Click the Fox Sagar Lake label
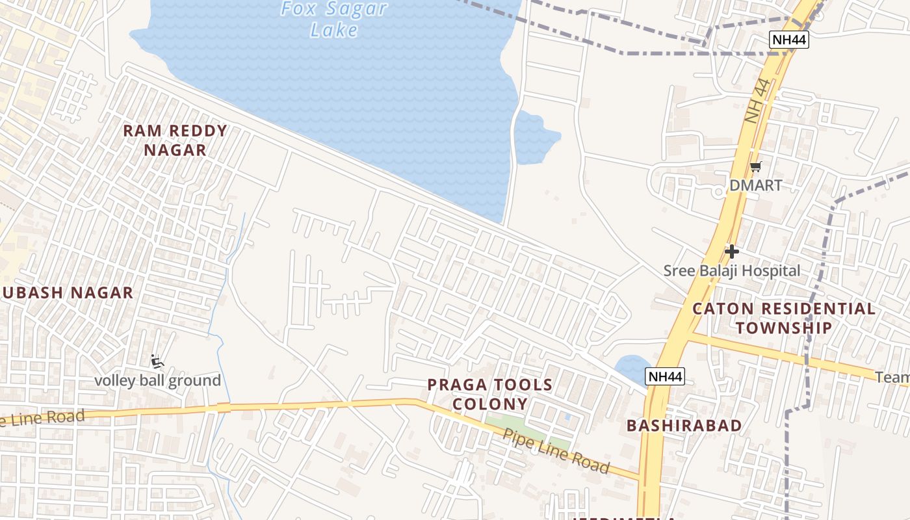point(334,19)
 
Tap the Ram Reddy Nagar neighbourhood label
point(175,140)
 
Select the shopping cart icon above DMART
point(755,167)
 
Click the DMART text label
point(755,185)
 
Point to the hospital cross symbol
point(732,251)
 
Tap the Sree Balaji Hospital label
point(732,270)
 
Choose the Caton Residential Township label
point(784,318)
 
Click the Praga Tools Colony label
point(490,395)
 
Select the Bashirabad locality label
point(684,426)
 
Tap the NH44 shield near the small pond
point(665,376)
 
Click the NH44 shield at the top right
point(789,40)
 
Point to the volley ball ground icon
point(157,361)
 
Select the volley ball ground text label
point(158,380)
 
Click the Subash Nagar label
point(68,292)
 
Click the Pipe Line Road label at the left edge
point(43,418)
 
